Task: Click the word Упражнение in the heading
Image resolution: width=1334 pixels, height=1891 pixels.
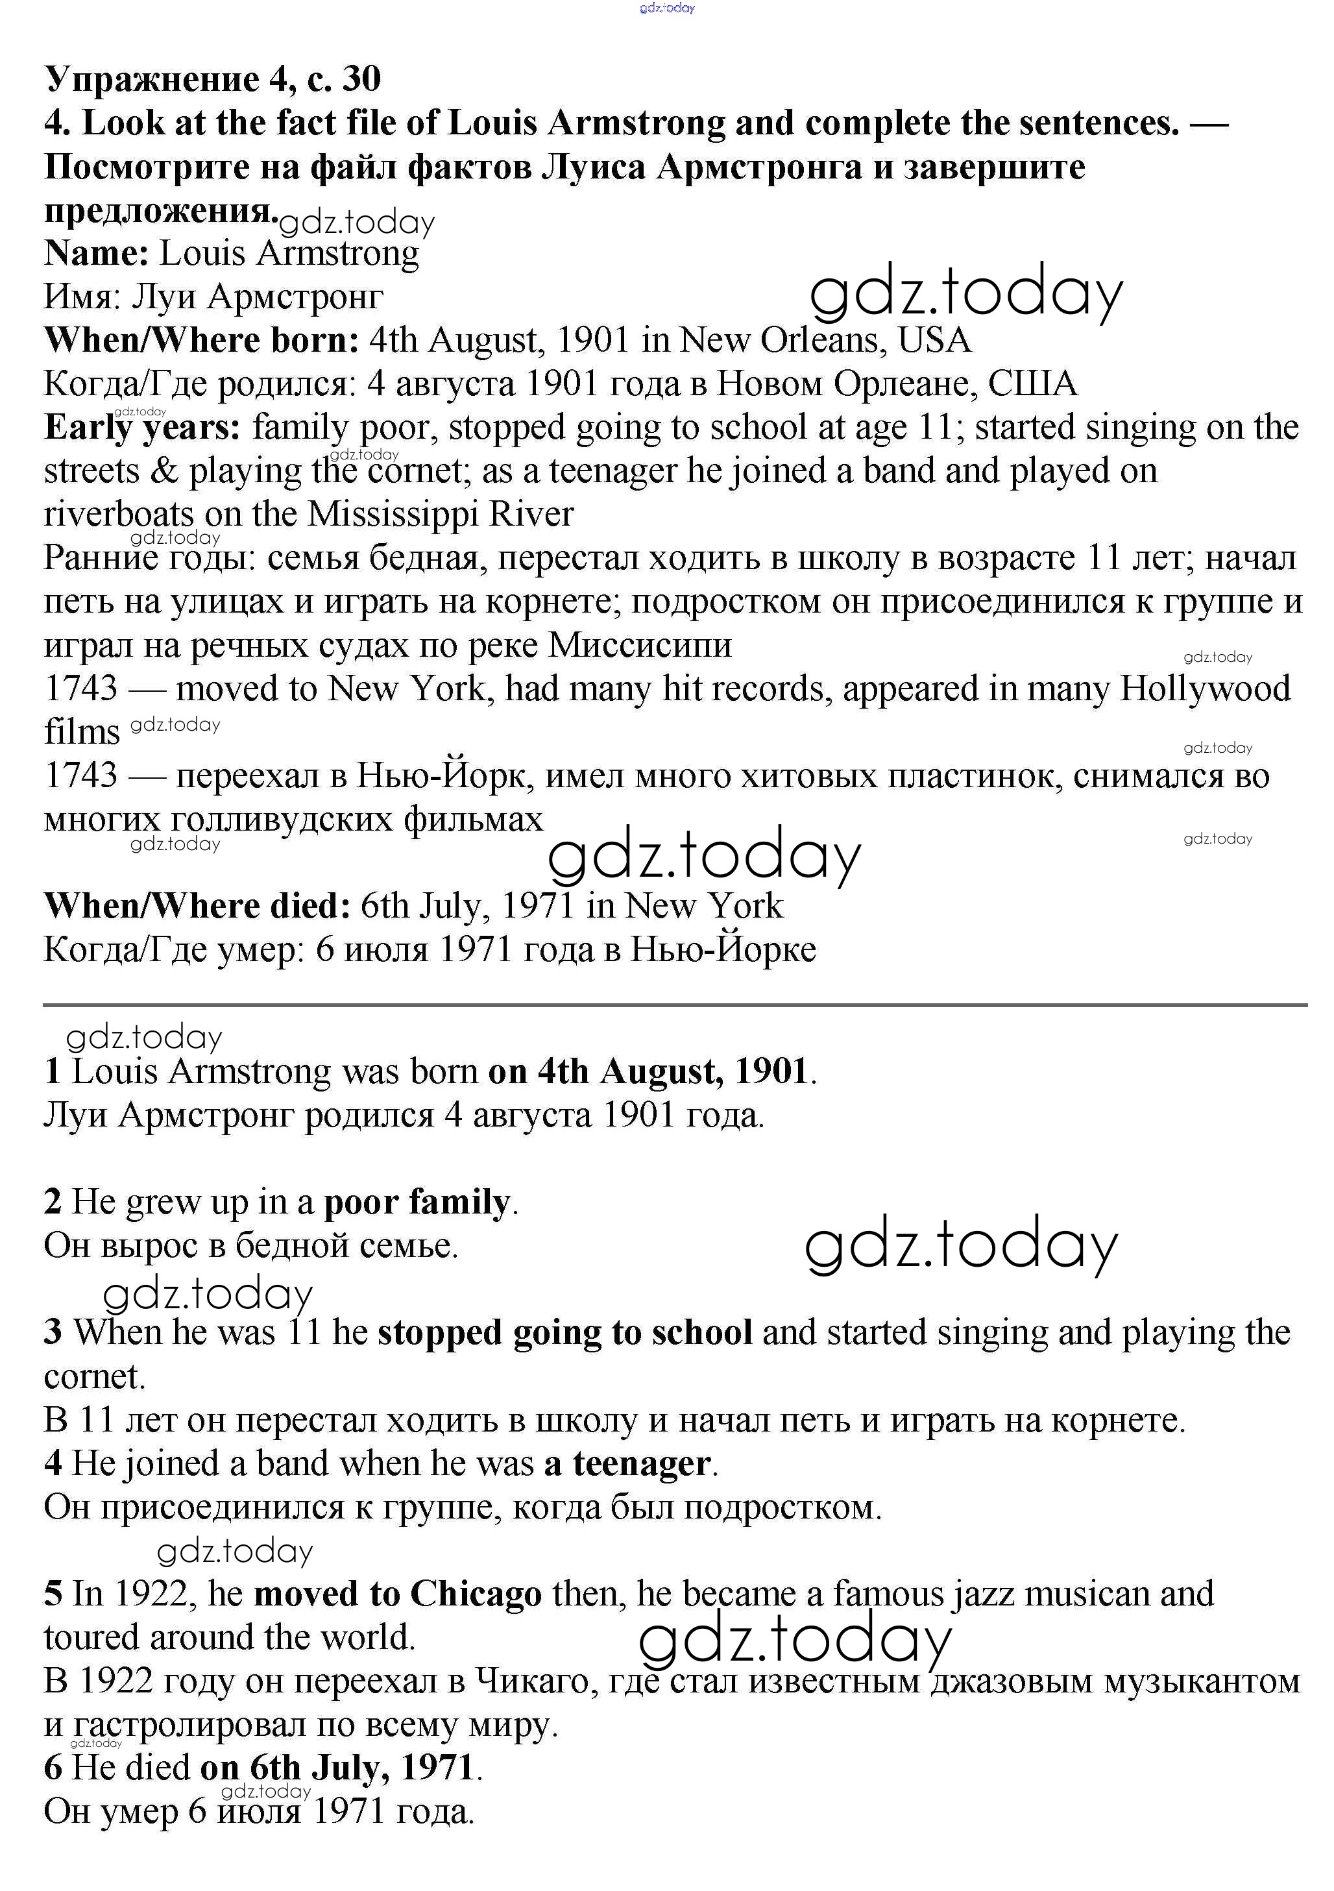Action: click(x=152, y=80)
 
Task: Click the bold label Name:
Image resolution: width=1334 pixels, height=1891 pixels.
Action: click(x=95, y=253)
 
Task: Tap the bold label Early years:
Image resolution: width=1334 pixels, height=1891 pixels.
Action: click(x=141, y=428)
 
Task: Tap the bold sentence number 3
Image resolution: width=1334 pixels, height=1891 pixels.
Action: click(x=53, y=1333)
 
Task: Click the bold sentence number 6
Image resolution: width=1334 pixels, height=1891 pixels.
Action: click(x=53, y=1768)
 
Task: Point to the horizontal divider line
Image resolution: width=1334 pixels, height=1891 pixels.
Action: click(x=675, y=1005)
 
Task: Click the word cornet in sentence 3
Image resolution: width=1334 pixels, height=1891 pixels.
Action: click(x=93, y=1376)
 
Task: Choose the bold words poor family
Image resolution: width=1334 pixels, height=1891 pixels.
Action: click(x=417, y=1202)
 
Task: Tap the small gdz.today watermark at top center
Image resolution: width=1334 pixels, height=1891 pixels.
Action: click(x=667, y=8)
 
